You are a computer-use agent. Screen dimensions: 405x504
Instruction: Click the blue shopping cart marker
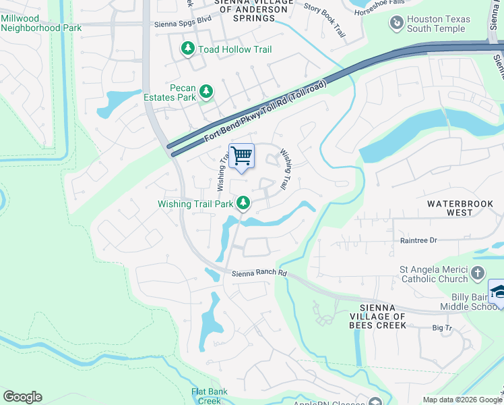(x=242, y=157)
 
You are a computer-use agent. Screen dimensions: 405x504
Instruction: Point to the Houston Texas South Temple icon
(x=397, y=24)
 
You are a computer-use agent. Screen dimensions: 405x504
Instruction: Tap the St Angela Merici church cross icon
(x=478, y=273)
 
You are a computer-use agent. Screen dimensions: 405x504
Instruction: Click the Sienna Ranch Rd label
(x=259, y=273)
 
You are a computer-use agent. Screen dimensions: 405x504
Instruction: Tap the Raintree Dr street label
(x=418, y=240)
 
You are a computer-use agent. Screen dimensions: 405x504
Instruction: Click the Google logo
(x=22, y=397)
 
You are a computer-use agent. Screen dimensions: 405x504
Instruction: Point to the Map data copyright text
(x=462, y=400)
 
